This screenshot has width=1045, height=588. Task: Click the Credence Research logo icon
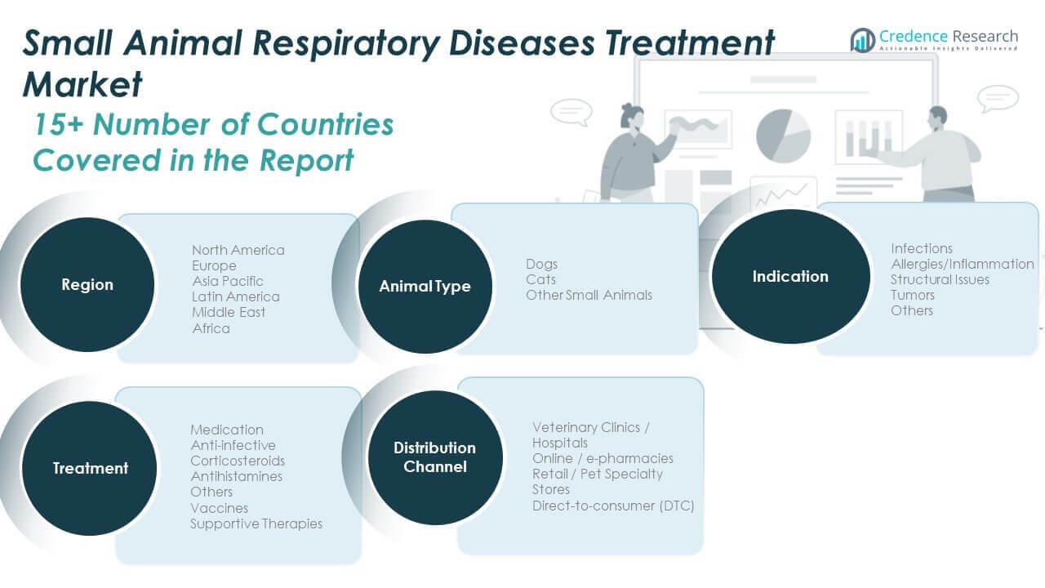(x=862, y=39)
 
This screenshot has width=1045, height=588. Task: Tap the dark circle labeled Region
(x=87, y=285)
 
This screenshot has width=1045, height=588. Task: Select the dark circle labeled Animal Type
(x=425, y=287)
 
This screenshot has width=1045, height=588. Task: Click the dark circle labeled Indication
(x=789, y=276)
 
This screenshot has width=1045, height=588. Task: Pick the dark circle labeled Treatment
(x=90, y=468)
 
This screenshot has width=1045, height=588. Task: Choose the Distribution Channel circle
(x=434, y=457)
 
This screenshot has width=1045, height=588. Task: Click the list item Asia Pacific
(x=228, y=281)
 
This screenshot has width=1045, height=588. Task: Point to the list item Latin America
(x=235, y=296)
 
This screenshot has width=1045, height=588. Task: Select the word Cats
(x=540, y=279)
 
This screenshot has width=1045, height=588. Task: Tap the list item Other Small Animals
(x=589, y=295)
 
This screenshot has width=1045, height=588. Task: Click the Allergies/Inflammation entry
(x=962, y=264)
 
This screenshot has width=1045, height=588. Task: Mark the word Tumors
(x=912, y=295)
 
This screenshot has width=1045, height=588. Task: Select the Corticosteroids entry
(x=238, y=461)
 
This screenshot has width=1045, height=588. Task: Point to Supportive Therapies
(x=256, y=523)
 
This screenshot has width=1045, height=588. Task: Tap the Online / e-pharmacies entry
(x=603, y=458)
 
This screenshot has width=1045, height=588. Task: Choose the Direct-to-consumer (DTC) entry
(x=613, y=506)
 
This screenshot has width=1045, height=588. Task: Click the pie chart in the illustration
(x=783, y=135)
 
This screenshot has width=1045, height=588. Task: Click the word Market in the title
(x=82, y=84)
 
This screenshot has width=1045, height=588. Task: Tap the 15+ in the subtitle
(x=58, y=125)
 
